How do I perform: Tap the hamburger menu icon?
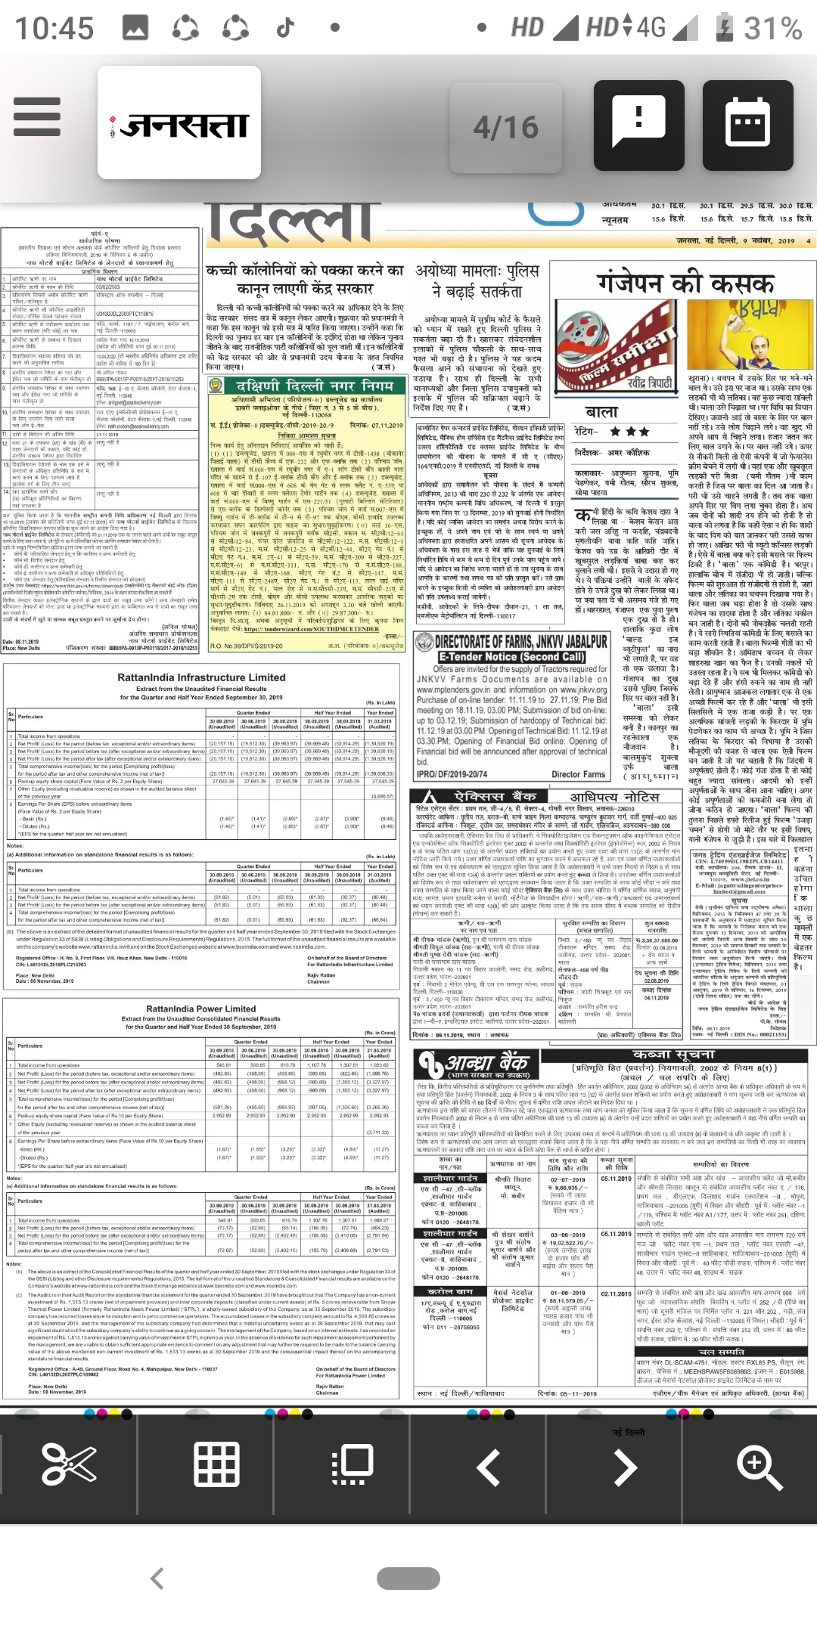point(37,116)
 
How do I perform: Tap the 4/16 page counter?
point(505,127)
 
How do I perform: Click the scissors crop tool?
point(69,1464)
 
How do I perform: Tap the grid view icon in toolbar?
point(217,1464)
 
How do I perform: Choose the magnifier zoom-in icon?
point(759,1465)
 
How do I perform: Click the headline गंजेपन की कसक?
point(685,284)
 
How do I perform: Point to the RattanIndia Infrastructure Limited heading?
point(201,677)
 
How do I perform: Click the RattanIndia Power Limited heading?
point(201,1009)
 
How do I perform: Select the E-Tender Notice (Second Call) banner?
point(512,657)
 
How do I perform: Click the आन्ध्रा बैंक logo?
point(475,1064)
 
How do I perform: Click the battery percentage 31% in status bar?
point(772,29)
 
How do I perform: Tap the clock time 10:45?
point(54,29)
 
